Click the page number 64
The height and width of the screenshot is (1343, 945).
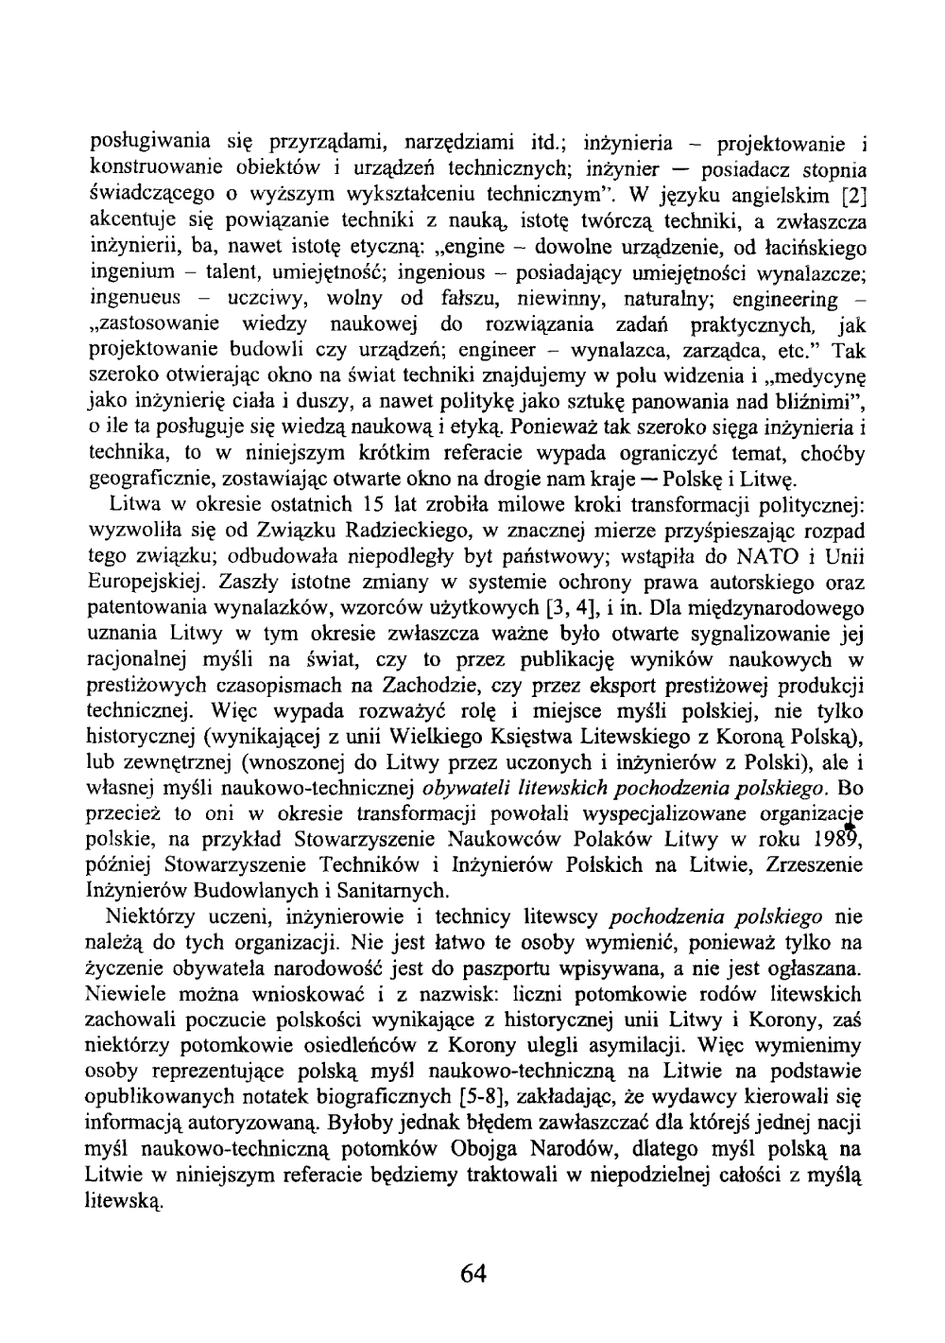tap(472, 1273)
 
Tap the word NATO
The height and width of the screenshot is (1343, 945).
tap(762, 554)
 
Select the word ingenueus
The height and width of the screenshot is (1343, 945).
tap(135, 300)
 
